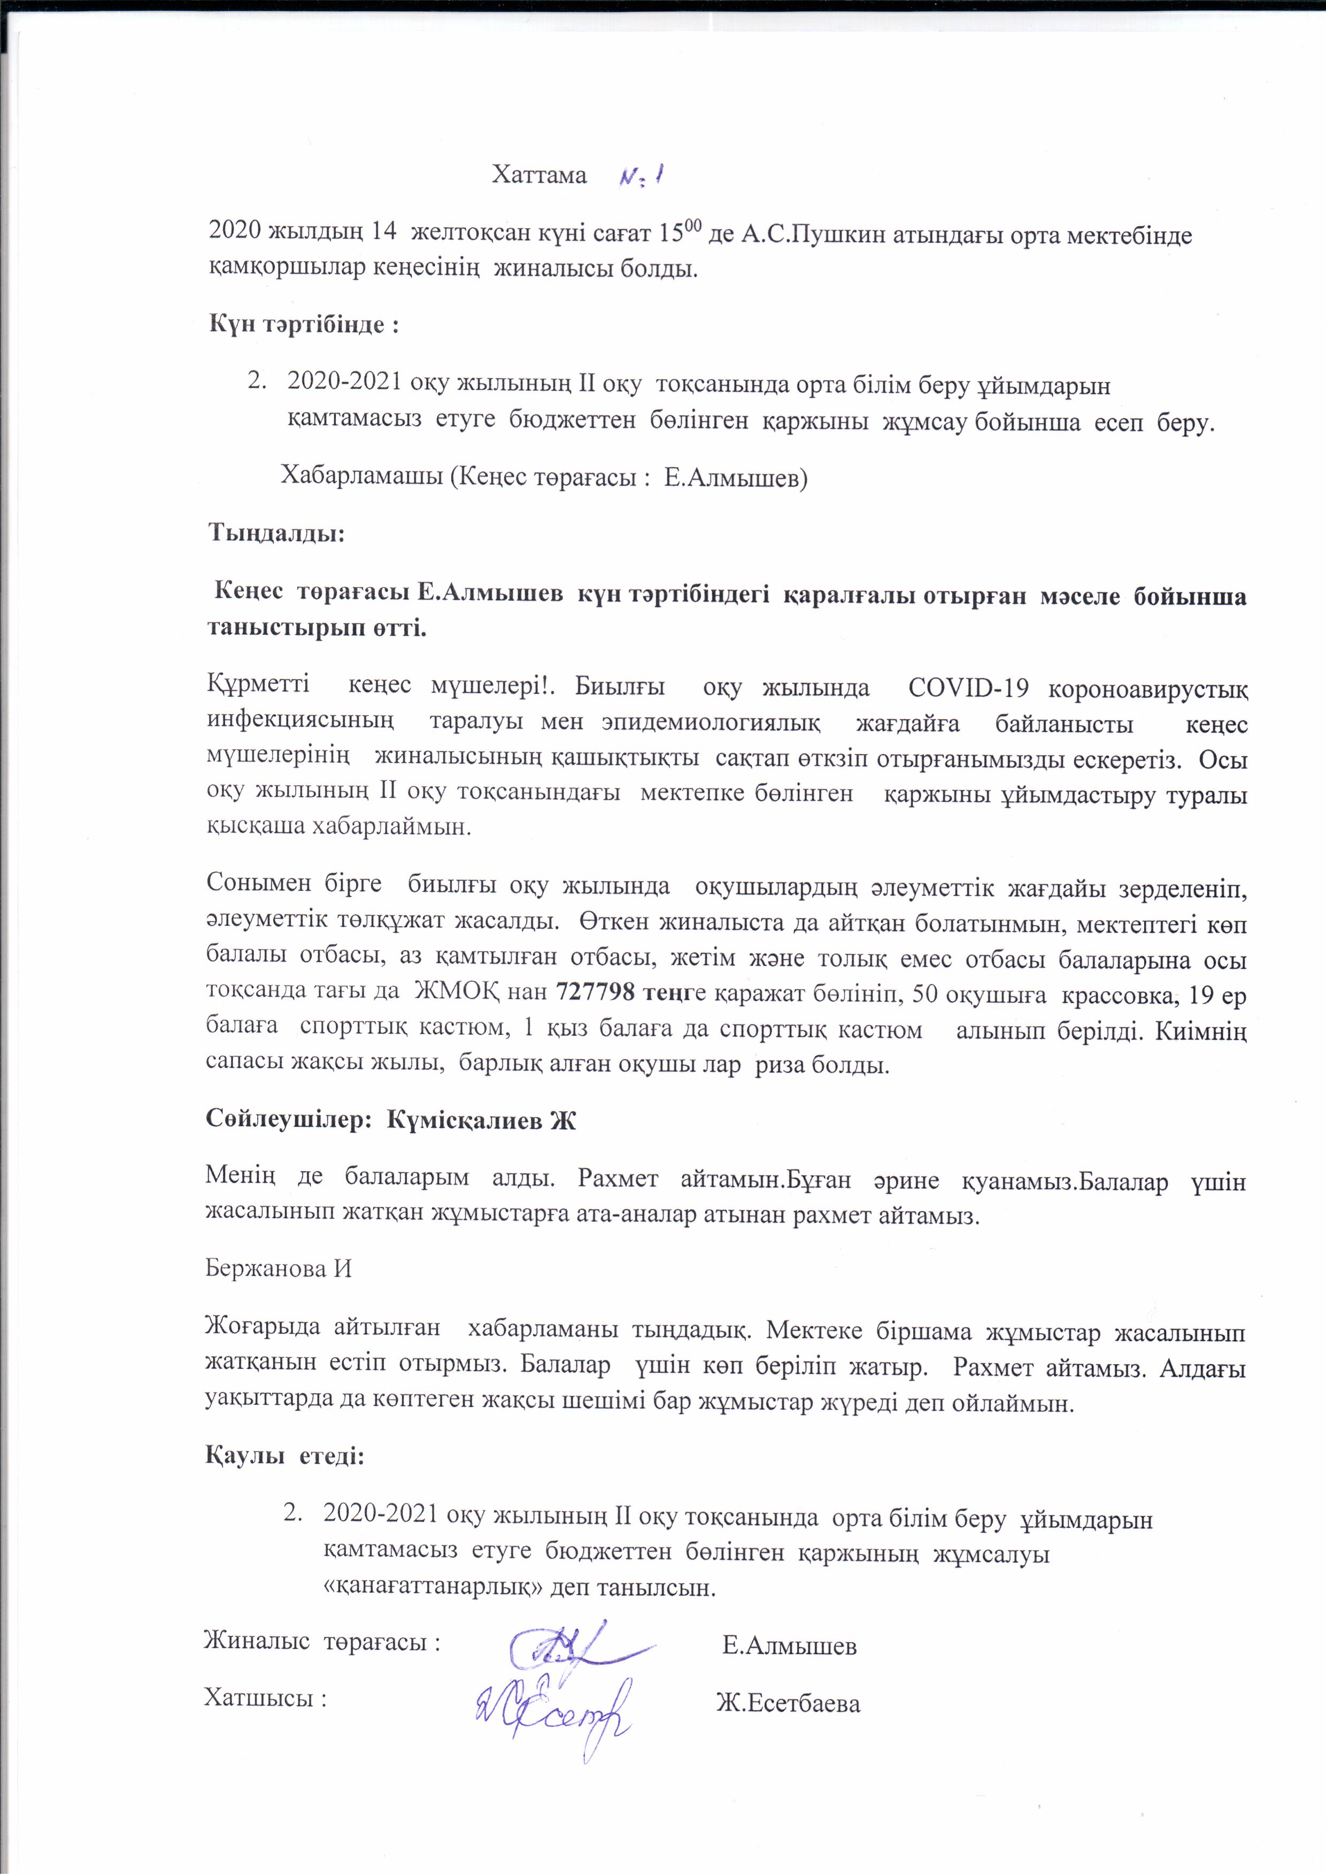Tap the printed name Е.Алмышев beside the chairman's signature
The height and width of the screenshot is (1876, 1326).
pyautogui.click(x=789, y=1644)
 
